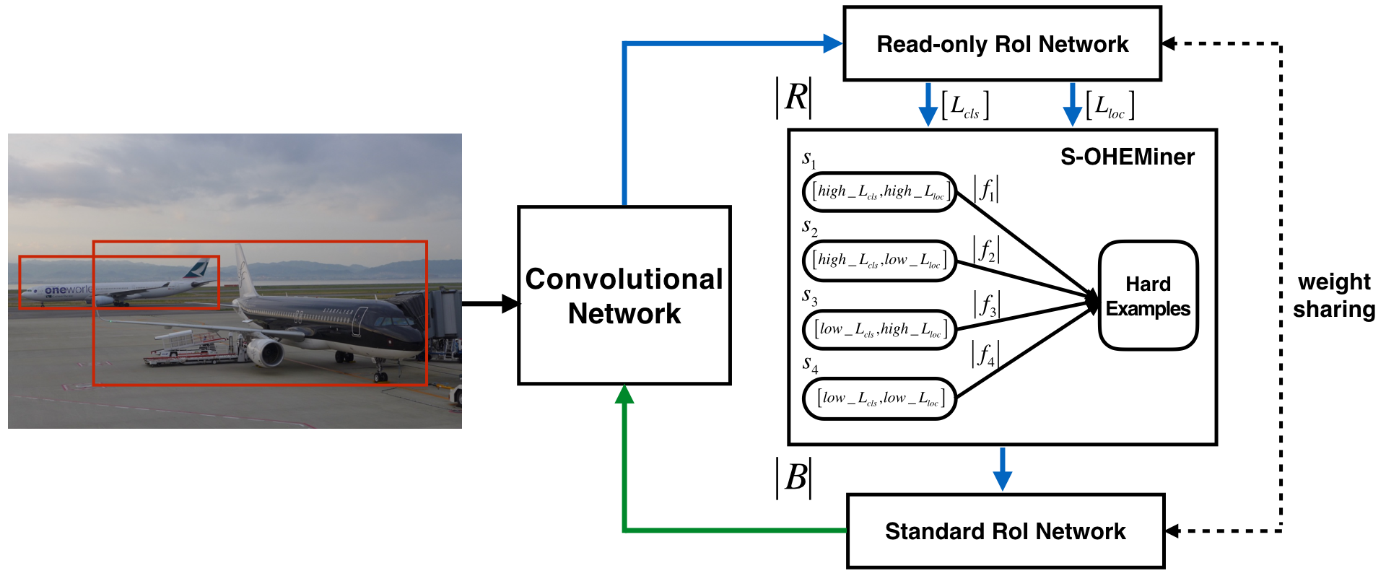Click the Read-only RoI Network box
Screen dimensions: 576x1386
pyautogui.click(x=1002, y=44)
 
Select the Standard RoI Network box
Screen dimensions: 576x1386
pyautogui.click(x=1005, y=531)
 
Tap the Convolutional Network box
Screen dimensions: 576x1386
pyautogui.click(x=624, y=296)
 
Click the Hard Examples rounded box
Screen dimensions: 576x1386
pyautogui.click(x=1148, y=296)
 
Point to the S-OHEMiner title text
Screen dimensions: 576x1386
pyautogui.click(x=1127, y=157)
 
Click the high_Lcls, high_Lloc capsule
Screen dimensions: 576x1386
pyautogui.click(x=879, y=192)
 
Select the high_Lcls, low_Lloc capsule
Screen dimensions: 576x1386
pyautogui.click(x=879, y=261)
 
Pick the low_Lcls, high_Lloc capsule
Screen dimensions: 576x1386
pyautogui.click(x=879, y=330)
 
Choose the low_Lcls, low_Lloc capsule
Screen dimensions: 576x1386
pyautogui.click(x=879, y=398)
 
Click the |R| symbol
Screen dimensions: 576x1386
pyautogui.click(x=795, y=97)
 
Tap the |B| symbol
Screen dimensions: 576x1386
pyautogui.click(x=795, y=478)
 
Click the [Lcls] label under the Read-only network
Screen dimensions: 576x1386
pyautogui.click(x=965, y=105)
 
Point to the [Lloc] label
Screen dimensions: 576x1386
pyautogui.click(x=1110, y=105)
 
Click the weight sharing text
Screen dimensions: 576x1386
pyautogui.click(x=1333, y=295)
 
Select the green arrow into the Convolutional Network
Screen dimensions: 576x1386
pyautogui.click(x=624, y=462)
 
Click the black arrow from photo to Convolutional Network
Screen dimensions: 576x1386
pyautogui.click(x=491, y=303)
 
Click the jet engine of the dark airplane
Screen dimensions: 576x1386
pyautogui.click(x=266, y=353)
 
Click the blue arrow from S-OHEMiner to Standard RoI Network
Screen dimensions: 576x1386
pyautogui.click(x=1002, y=469)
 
